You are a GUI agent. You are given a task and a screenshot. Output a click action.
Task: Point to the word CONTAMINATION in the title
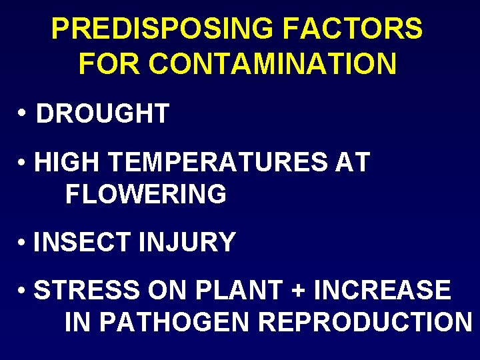(x=273, y=64)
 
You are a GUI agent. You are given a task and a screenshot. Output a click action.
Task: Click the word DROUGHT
(x=103, y=114)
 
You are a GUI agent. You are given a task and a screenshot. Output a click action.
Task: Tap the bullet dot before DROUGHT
(x=23, y=114)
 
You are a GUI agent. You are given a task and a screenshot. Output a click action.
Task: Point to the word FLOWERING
(x=146, y=195)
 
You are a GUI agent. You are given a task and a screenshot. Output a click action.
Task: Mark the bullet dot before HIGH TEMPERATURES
(x=23, y=163)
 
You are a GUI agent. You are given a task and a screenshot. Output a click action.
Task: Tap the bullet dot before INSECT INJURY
(x=23, y=243)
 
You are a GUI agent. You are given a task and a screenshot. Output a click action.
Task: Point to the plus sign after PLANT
(x=297, y=291)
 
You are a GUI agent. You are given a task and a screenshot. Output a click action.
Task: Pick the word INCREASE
(x=382, y=291)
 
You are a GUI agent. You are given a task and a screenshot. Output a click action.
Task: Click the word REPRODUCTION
(x=365, y=323)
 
